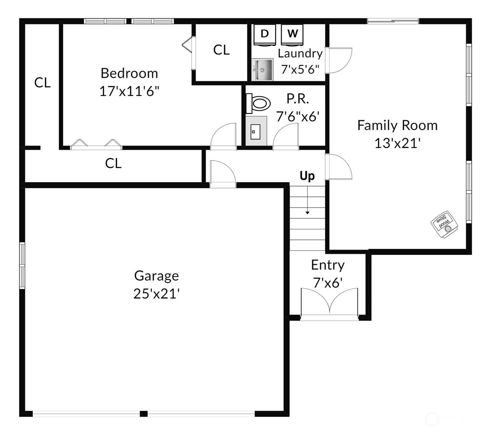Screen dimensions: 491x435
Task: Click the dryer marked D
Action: click(265, 35)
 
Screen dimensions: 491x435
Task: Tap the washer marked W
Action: click(292, 35)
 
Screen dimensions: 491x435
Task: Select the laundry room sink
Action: click(262, 69)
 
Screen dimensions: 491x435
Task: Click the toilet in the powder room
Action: click(258, 103)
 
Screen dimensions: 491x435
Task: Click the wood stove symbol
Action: click(444, 224)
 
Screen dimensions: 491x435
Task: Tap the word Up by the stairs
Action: click(307, 176)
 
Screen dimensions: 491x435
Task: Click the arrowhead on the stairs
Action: click(307, 213)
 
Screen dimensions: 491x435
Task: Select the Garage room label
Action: click(157, 276)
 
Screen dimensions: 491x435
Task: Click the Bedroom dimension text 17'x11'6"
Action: click(129, 91)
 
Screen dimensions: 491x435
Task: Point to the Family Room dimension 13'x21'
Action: click(397, 143)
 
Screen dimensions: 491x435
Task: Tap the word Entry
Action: click(328, 265)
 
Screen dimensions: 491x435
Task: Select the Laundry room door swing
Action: click(338, 60)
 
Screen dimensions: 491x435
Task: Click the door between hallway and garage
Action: click(223, 173)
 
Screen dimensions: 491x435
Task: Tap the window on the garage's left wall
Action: click(22, 266)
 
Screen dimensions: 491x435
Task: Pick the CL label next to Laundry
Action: click(221, 50)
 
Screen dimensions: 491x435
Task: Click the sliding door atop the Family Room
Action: click(393, 21)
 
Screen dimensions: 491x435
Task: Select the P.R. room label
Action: click(298, 99)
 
